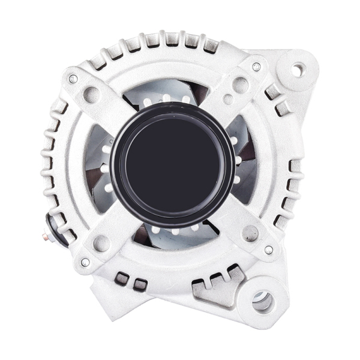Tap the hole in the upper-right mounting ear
(x=298, y=70)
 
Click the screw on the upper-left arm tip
(x=73, y=78)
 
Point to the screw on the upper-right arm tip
(x=256, y=67)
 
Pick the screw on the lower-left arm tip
(x=85, y=262)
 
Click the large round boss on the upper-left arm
(x=92, y=94)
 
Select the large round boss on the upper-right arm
(x=241, y=85)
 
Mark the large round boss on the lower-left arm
(x=102, y=243)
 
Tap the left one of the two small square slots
(x=122, y=278)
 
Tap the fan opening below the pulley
(x=174, y=232)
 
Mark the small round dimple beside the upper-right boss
(x=227, y=99)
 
